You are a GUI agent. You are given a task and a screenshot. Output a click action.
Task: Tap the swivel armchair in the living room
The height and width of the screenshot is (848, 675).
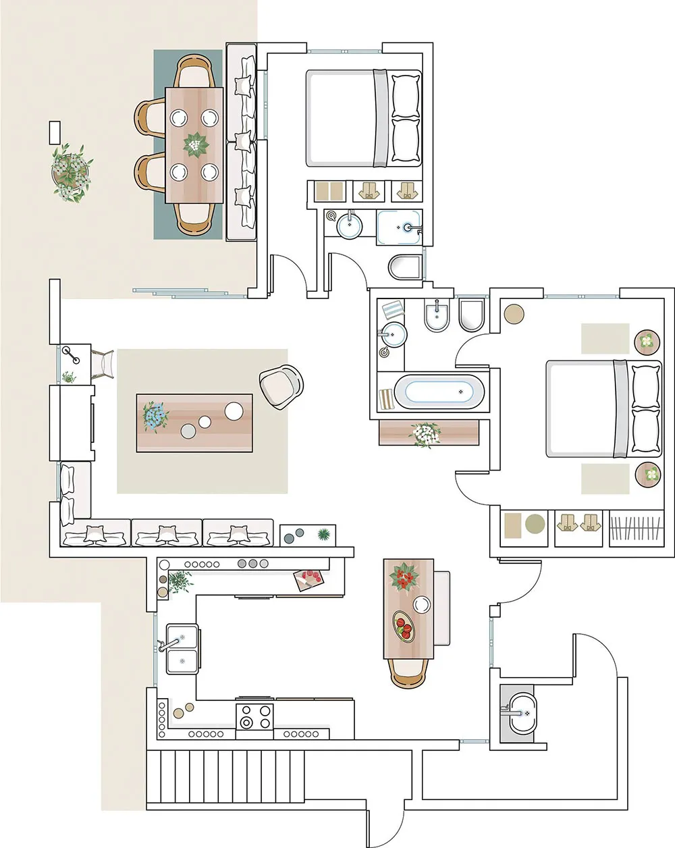pyautogui.click(x=281, y=386)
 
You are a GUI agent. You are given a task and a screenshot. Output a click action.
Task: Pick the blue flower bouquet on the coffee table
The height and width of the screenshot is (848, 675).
pyautogui.click(x=154, y=415)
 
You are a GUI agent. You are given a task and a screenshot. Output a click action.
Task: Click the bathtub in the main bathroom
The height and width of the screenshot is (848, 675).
pyautogui.click(x=439, y=392)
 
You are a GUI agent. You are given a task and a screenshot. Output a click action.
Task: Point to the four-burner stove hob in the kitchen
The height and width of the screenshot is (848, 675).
pyautogui.click(x=254, y=716)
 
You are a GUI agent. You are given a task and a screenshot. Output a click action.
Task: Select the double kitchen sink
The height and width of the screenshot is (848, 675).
pyautogui.click(x=182, y=650)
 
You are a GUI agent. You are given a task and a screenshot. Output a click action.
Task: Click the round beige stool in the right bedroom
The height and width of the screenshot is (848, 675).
pyautogui.click(x=514, y=314)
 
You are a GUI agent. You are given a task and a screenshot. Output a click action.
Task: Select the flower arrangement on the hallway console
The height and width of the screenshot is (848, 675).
pyautogui.click(x=425, y=433)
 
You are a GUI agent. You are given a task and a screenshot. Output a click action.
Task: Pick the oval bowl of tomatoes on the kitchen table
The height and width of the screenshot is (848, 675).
pyautogui.click(x=404, y=626)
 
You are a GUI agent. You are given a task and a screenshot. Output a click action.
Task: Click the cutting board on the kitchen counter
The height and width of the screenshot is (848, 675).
pyautogui.click(x=310, y=579)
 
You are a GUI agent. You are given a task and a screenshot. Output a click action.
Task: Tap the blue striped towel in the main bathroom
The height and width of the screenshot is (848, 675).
pyautogui.click(x=393, y=311)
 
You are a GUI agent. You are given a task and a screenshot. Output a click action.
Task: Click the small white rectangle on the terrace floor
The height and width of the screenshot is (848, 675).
pyautogui.click(x=55, y=132)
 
